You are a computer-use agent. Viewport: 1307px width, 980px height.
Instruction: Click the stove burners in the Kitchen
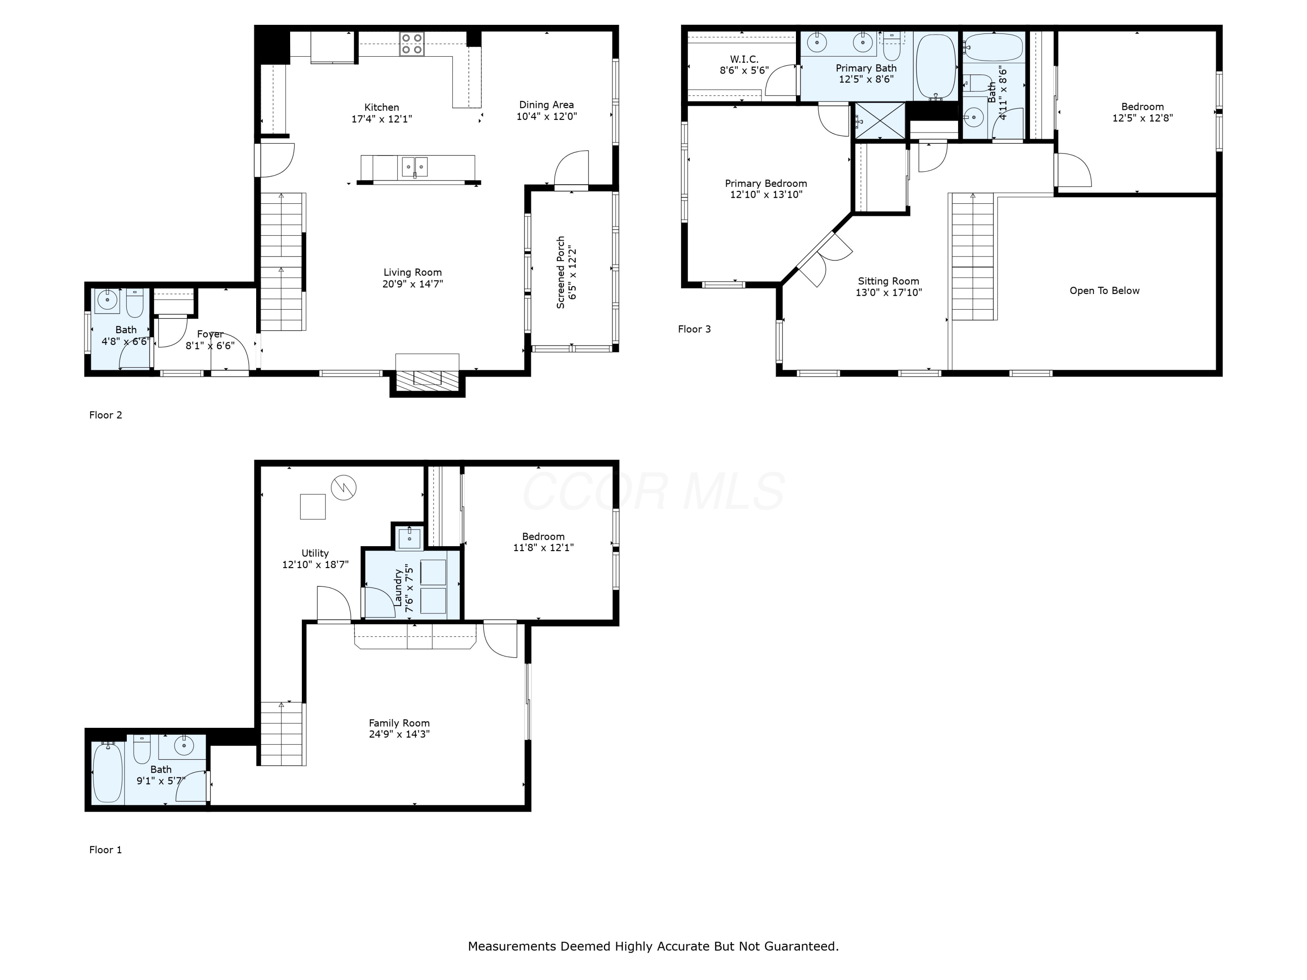coord(411,44)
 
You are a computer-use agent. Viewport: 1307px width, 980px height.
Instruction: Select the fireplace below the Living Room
coord(427,378)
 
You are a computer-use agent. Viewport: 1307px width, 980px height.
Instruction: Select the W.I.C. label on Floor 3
coord(744,59)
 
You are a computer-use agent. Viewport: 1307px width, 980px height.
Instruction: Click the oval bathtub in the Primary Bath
coord(935,67)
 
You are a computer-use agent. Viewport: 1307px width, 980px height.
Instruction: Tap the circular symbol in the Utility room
coord(343,487)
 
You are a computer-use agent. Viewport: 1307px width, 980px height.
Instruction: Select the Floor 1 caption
coord(105,849)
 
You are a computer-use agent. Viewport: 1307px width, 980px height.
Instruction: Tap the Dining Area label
coord(546,105)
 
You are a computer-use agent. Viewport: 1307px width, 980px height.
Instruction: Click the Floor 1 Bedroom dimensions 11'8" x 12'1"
coord(543,547)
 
